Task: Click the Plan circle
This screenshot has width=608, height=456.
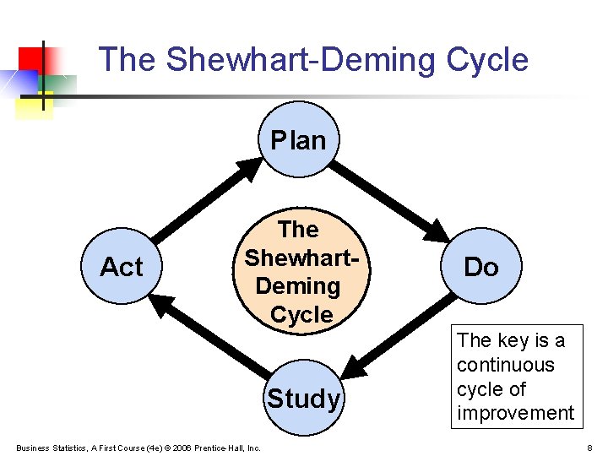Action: (x=299, y=139)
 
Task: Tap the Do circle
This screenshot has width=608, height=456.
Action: (x=481, y=267)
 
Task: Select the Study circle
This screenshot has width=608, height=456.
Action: (x=303, y=398)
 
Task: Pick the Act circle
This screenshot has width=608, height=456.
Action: (x=122, y=267)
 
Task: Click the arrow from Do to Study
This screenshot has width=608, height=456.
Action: (x=397, y=338)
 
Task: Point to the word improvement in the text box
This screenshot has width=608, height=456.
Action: (x=515, y=413)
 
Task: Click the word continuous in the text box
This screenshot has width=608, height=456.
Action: (x=506, y=365)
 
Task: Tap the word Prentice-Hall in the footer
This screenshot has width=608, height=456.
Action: (x=222, y=447)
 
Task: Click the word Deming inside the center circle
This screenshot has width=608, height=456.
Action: (x=297, y=285)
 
